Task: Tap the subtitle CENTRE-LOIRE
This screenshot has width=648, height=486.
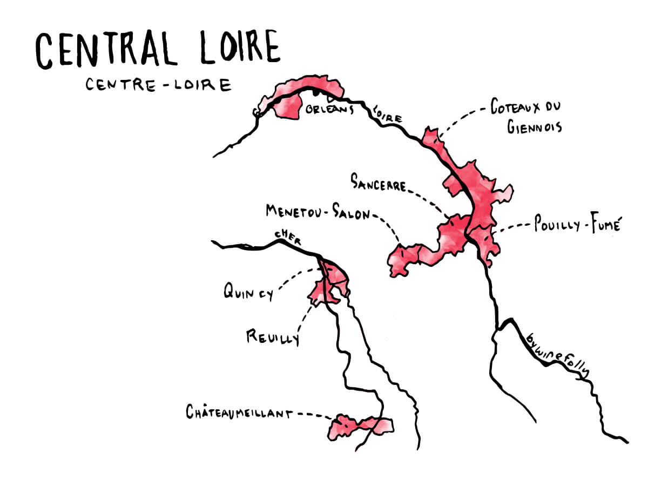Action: (x=158, y=85)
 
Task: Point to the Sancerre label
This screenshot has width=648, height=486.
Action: (x=378, y=183)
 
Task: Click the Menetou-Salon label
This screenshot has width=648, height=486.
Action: (x=318, y=212)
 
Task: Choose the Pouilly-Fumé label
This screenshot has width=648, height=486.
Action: (x=576, y=225)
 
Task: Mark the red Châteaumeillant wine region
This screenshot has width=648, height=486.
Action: (x=359, y=426)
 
